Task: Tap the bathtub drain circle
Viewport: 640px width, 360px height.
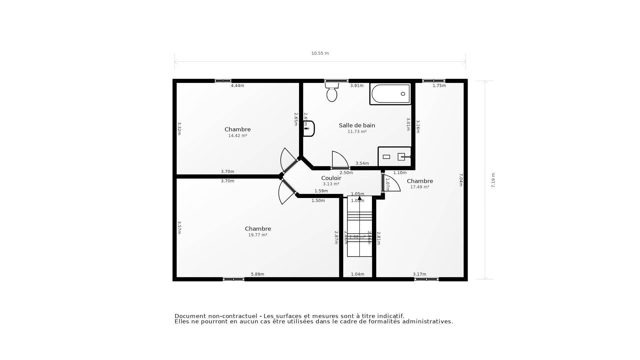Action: [x=403, y=94]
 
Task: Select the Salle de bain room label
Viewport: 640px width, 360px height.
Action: [x=357, y=125]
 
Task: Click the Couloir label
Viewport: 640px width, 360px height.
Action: [x=331, y=178]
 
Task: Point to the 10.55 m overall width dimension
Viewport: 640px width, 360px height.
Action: [x=320, y=53]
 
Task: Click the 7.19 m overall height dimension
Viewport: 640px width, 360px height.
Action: [x=493, y=180]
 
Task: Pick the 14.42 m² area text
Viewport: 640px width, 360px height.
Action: [x=238, y=136]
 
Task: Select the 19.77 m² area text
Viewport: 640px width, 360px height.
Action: [x=258, y=235]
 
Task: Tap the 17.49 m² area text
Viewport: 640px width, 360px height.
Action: [x=420, y=187]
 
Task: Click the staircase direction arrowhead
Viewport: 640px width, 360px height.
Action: [x=359, y=198]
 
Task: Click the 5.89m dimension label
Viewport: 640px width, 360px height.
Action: [x=257, y=274]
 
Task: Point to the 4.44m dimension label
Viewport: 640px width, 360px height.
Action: [x=238, y=86]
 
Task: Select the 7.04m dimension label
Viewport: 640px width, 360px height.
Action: [x=461, y=180]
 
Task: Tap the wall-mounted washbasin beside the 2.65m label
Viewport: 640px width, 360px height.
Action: [x=309, y=129]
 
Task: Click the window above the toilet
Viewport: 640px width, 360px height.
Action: [x=336, y=81]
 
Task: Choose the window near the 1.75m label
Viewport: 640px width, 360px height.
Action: [x=433, y=81]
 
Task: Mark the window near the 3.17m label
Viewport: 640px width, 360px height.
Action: [x=426, y=279]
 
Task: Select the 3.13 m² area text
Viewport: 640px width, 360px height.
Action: [x=331, y=184]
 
